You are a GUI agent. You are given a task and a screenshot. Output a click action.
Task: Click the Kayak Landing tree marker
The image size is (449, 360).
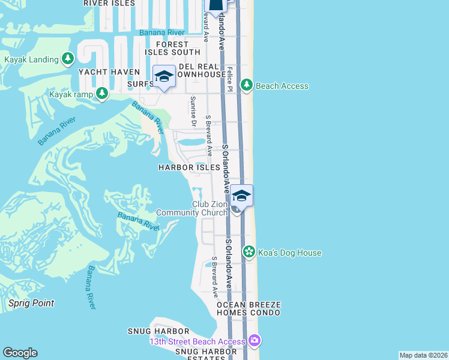[68, 59]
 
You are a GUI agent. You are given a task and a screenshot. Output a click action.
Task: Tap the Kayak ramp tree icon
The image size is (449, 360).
[102, 93]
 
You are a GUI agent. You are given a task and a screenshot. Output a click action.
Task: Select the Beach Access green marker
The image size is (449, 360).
[246, 85]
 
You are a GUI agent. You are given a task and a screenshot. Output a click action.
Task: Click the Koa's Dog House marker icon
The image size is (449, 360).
[249, 252]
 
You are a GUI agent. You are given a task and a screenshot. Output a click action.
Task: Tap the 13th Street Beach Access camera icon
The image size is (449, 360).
[255, 341]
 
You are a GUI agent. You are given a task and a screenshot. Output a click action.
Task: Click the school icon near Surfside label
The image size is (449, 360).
[164, 77]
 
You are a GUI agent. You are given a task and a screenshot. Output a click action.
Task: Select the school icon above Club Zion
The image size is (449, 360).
[241, 196]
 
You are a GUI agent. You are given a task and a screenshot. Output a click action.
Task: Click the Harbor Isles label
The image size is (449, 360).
[189, 167]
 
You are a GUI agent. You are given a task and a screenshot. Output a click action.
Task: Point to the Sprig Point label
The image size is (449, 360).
[31, 303]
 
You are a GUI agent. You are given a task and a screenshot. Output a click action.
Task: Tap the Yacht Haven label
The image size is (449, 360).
[101, 72]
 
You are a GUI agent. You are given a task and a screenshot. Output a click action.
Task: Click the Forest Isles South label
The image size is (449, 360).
[177, 49]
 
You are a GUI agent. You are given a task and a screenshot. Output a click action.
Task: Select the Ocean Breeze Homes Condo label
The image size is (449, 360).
[249, 309]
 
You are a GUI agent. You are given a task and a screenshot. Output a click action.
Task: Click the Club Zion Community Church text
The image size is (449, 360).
[192, 208]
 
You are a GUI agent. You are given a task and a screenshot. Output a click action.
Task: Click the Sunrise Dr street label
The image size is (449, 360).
[193, 112]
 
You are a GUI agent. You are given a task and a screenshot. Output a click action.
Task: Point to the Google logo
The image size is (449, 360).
[20, 353]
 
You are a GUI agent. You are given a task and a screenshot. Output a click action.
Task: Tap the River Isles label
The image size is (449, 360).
[109, 3]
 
